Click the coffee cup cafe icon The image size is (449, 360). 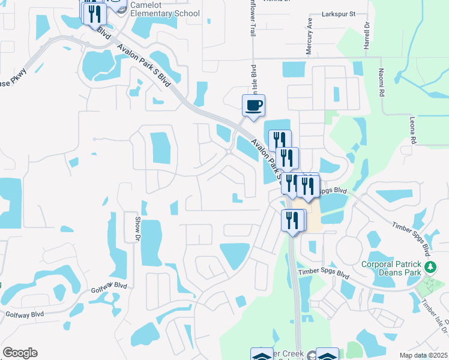253,106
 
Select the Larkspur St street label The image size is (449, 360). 339,13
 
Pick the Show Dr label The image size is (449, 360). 137,229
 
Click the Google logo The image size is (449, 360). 20,353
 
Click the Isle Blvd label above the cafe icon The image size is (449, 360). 254,78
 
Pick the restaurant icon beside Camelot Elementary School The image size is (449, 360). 95,13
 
